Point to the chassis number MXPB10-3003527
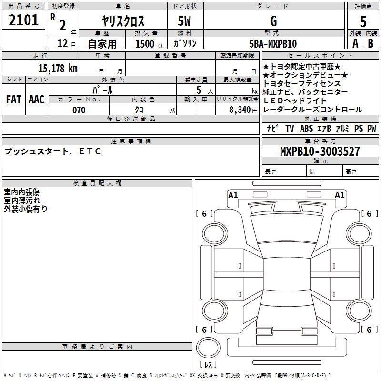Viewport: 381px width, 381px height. (x=320, y=151)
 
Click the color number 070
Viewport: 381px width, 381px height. (x=79, y=110)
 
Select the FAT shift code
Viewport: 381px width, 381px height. (x=13, y=100)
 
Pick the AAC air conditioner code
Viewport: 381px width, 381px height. (x=37, y=100)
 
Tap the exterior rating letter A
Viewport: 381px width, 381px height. (x=355, y=43)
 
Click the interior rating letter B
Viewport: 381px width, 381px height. (x=371, y=43)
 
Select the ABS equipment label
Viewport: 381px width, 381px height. (x=306, y=129)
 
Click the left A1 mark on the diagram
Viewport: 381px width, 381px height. (x=233, y=195)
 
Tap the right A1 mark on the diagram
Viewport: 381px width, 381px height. (x=340, y=195)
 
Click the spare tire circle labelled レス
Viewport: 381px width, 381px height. (x=208, y=352)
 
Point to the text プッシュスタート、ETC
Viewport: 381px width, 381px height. (x=52, y=151)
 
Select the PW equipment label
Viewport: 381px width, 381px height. (x=371, y=129)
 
